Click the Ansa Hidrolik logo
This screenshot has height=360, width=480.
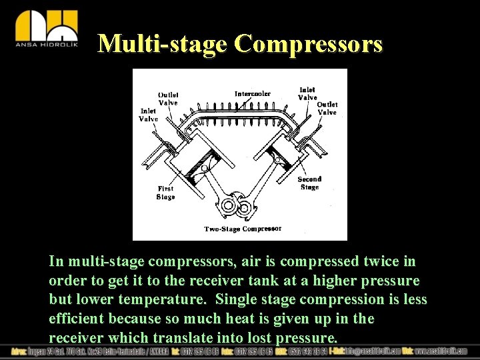46,29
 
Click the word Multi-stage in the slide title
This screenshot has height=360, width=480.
163,44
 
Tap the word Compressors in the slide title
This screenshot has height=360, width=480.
309,44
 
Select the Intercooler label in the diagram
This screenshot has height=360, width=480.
253,94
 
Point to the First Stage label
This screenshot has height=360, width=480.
165,193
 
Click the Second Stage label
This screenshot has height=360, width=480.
309,183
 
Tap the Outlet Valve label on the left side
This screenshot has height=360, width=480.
168,99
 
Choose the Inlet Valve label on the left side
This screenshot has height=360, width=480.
148,115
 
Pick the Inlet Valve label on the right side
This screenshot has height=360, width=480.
307,93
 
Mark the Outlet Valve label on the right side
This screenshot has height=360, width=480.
327,108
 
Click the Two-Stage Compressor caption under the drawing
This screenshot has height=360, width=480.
243,229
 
